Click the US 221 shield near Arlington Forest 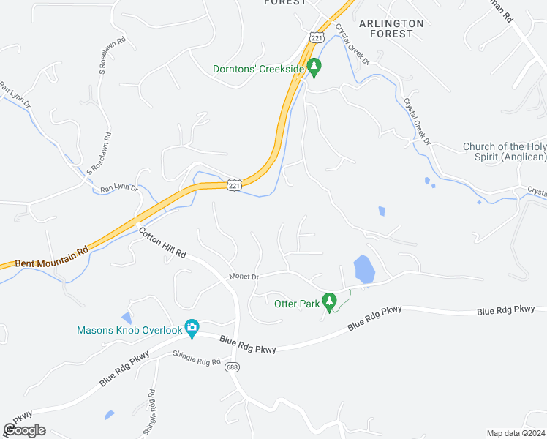(316, 37)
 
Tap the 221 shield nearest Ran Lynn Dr (233, 186)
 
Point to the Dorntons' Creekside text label (257, 70)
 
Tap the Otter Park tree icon (329, 302)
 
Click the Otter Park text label (296, 303)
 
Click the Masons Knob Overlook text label (129, 330)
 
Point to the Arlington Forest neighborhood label (391, 29)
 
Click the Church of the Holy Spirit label (505, 151)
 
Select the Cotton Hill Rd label (162, 244)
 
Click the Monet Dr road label (244, 277)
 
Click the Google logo (24, 430)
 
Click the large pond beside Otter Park (363, 269)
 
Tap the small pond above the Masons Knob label (127, 318)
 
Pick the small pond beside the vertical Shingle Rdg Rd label (109, 415)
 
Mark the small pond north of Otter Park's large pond (381, 211)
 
